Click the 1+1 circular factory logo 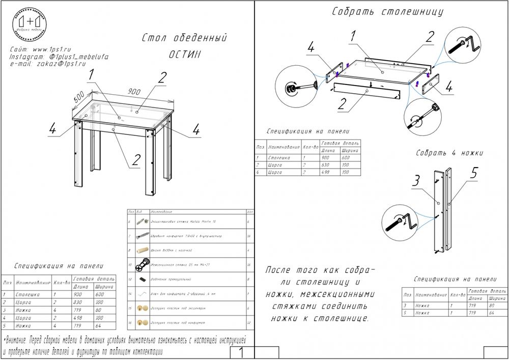click(x=30, y=24)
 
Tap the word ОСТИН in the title click(x=184, y=53)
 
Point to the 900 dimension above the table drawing click(x=134, y=92)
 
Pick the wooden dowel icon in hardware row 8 click(x=143, y=251)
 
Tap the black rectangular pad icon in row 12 click(x=143, y=280)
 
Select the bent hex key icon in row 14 click(x=143, y=294)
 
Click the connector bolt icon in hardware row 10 click(x=143, y=265)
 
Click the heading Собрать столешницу click(x=387, y=12)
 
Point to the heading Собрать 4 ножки click(x=449, y=153)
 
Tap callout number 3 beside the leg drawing click(x=416, y=181)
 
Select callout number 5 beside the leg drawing click(x=473, y=173)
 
